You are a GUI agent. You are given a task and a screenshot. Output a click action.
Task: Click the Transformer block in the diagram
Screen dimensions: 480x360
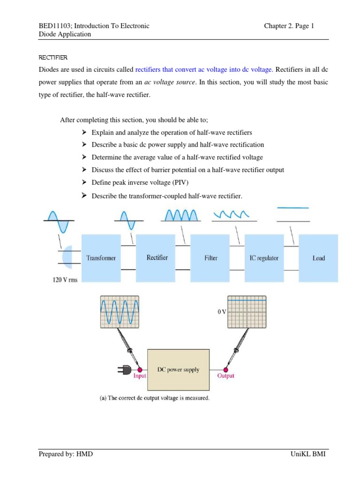pyautogui.click(x=101, y=258)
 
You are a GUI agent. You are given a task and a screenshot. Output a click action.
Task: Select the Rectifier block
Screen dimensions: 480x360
pyautogui.click(x=157, y=258)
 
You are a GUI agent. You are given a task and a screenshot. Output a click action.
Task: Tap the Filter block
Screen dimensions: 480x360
pyautogui.click(x=211, y=258)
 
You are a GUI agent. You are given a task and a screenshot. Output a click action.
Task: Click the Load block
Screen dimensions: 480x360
pyautogui.click(x=318, y=258)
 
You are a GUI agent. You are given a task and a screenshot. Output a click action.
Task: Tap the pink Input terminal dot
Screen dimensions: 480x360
pyautogui.click(x=140, y=369)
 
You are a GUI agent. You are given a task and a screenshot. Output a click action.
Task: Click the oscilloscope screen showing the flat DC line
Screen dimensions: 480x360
pyautogui.click(x=247, y=312)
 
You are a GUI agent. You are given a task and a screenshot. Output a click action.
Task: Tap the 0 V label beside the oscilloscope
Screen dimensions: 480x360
pyautogui.click(x=222, y=312)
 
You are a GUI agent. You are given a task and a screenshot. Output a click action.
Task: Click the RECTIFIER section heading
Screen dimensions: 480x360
pyautogui.click(x=53, y=58)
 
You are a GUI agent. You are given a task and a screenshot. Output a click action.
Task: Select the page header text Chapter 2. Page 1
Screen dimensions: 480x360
pyautogui.click(x=289, y=26)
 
